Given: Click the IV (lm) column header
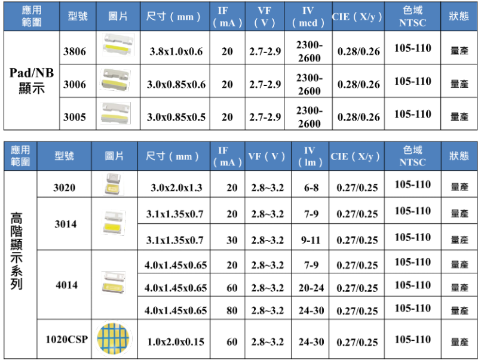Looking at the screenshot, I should [x=310, y=156].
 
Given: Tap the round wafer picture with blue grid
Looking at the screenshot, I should [x=113, y=339].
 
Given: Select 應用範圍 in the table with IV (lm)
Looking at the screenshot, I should [x=20, y=156].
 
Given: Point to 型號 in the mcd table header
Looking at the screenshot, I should [x=78, y=17].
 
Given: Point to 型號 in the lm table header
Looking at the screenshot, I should [x=64, y=156].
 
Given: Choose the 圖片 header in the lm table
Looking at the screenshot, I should [x=114, y=156].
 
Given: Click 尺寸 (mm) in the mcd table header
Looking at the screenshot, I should [x=174, y=17].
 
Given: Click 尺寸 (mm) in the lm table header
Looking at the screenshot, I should [x=173, y=156].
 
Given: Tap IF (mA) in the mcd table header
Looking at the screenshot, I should [x=227, y=17].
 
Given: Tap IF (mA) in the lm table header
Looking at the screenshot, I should [x=227, y=156].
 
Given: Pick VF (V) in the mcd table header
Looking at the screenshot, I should [x=264, y=17].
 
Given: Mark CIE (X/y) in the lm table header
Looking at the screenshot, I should [x=356, y=156].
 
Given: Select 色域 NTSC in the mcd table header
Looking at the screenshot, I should [x=412, y=17].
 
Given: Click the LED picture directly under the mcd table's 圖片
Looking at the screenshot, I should [x=117, y=45].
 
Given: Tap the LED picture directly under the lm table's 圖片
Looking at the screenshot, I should [x=113, y=184].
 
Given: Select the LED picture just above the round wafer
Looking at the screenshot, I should [x=113, y=282].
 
